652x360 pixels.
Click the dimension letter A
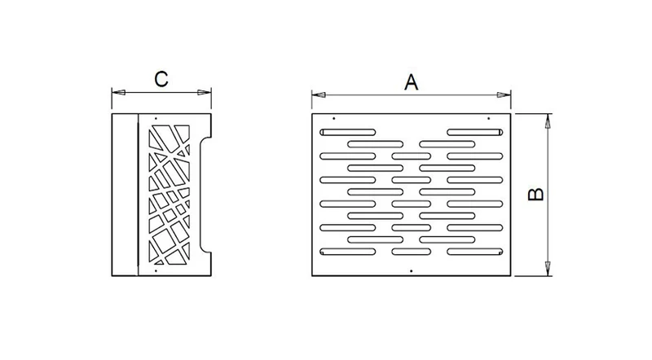[x=411, y=82]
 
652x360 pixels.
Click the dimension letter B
[x=535, y=194]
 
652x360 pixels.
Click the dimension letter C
[x=161, y=79]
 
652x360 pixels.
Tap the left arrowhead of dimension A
[x=318, y=94]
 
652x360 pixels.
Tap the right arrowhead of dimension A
[x=504, y=94]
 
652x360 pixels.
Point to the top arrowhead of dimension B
[x=548, y=121]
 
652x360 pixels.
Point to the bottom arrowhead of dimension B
[x=548, y=269]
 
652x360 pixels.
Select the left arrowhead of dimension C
[x=118, y=92]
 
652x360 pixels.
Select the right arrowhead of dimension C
[x=205, y=92]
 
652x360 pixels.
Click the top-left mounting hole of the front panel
[x=334, y=118]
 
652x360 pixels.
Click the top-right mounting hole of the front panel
[x=488, y=118]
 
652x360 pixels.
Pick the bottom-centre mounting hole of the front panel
[x=412, y=271]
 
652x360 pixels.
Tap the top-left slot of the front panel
[x=348, y=132]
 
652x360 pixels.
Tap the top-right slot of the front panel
[x=475, y=132]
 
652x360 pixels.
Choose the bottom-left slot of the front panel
[x=348, y=252]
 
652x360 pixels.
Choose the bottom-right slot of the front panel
[x=475, y=252]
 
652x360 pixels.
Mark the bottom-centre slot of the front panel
[x=412, y=252]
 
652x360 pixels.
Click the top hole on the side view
[x=156, y=118]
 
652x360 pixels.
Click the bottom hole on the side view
[x=156, y=270]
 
